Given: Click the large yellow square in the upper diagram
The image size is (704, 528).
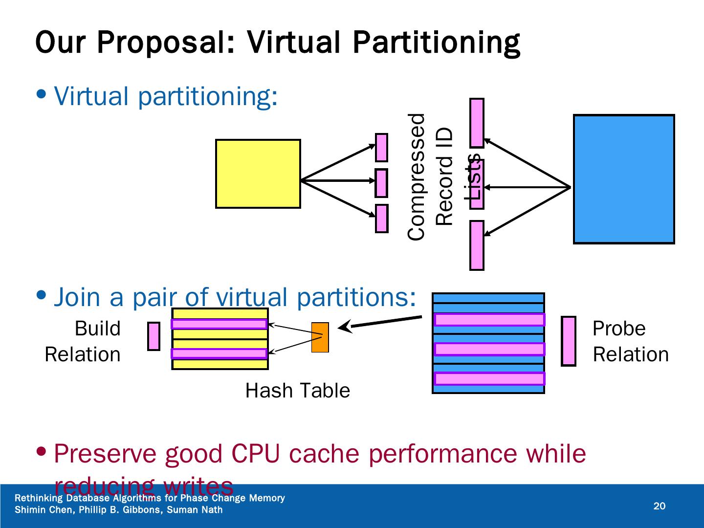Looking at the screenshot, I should click(258, 174).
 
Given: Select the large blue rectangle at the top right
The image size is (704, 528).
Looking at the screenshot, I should click(623, 179).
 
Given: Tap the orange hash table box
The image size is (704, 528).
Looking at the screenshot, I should click(320, 337).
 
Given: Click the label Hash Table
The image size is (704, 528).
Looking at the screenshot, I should click(297, 391).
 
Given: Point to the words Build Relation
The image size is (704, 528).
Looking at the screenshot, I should click(83, 341).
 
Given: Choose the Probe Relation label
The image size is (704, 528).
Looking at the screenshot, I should click(630, 341).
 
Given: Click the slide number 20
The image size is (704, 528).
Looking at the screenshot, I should click(660, 506).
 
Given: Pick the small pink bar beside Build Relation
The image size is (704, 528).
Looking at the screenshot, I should click(154, 336).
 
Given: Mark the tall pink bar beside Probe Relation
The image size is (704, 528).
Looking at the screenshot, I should click(569, 341).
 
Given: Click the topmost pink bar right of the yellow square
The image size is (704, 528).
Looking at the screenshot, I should click(381, 148).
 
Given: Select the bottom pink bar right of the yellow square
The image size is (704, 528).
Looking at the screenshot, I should click(381, 219).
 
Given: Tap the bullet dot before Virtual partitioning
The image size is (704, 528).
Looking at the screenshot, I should click(43, 93).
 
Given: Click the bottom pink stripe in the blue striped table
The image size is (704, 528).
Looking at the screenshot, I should click(489, 378).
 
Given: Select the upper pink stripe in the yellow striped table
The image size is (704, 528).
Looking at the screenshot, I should click(219, 324).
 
